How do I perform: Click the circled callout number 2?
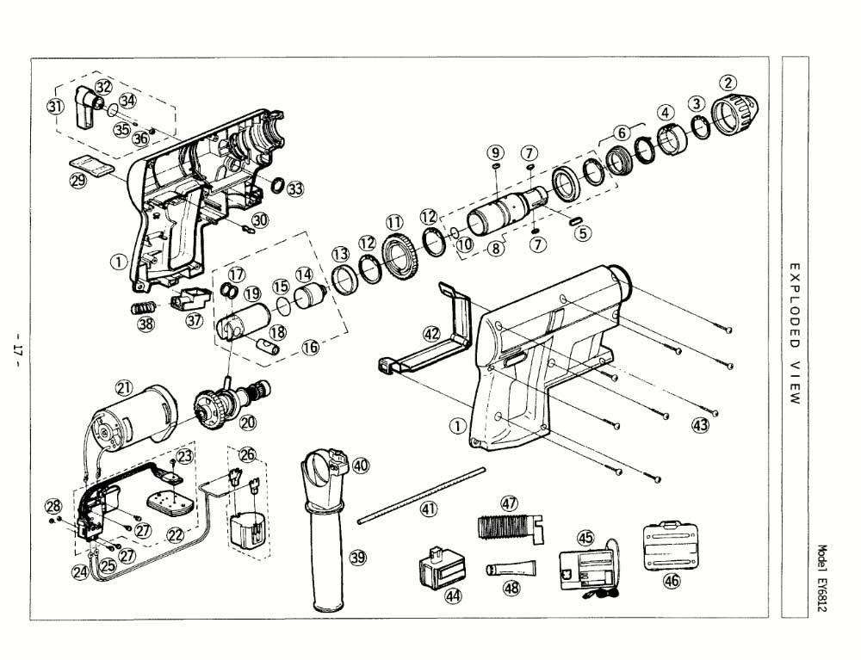[x=728, y=83]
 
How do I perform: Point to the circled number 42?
[x=431, y=333]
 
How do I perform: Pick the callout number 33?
[x=295, y=189]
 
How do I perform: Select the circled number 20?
[x=249, y=423]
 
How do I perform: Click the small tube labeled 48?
[x=512, y=569]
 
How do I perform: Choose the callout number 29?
[x=78, y=182]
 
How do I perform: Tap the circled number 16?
[x=309, y=347]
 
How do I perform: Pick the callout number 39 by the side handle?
[x=357, y=557]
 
